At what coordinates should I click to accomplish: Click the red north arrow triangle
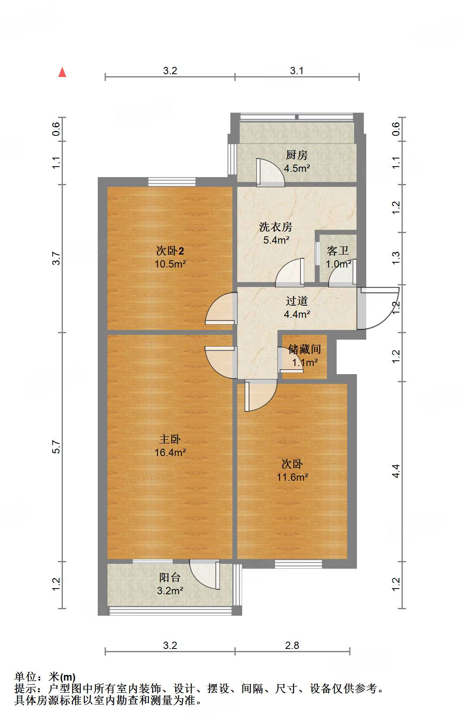[x=62, y=72]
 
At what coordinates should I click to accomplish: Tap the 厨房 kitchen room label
[x=296, y=155]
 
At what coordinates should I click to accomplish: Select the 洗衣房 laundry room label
[x=275, y=227]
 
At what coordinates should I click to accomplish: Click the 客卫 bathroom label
[x=337, y=251]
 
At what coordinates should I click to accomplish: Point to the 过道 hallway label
[x=296, y=301]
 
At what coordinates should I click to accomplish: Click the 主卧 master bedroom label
[x=170, y=439]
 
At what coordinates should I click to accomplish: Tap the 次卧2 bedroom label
[x=170, y=251]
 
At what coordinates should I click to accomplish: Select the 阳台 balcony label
[x=170, y=578]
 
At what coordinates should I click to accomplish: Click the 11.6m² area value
[x=292, y=477]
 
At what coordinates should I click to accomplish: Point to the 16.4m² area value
[x=170, y=452]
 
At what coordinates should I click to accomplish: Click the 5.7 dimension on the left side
[x=56, y=447]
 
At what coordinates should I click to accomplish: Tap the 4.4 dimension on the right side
[x=396, y=471]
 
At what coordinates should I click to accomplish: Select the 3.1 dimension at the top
[x=296, y=71]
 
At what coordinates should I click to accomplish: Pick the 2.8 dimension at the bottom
[x=292, y=645]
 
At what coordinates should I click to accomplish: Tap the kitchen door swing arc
[x=271, y=172]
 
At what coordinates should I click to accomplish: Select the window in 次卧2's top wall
[x=172, y=182]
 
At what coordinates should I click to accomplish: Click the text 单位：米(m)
[x=45, y=677]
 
